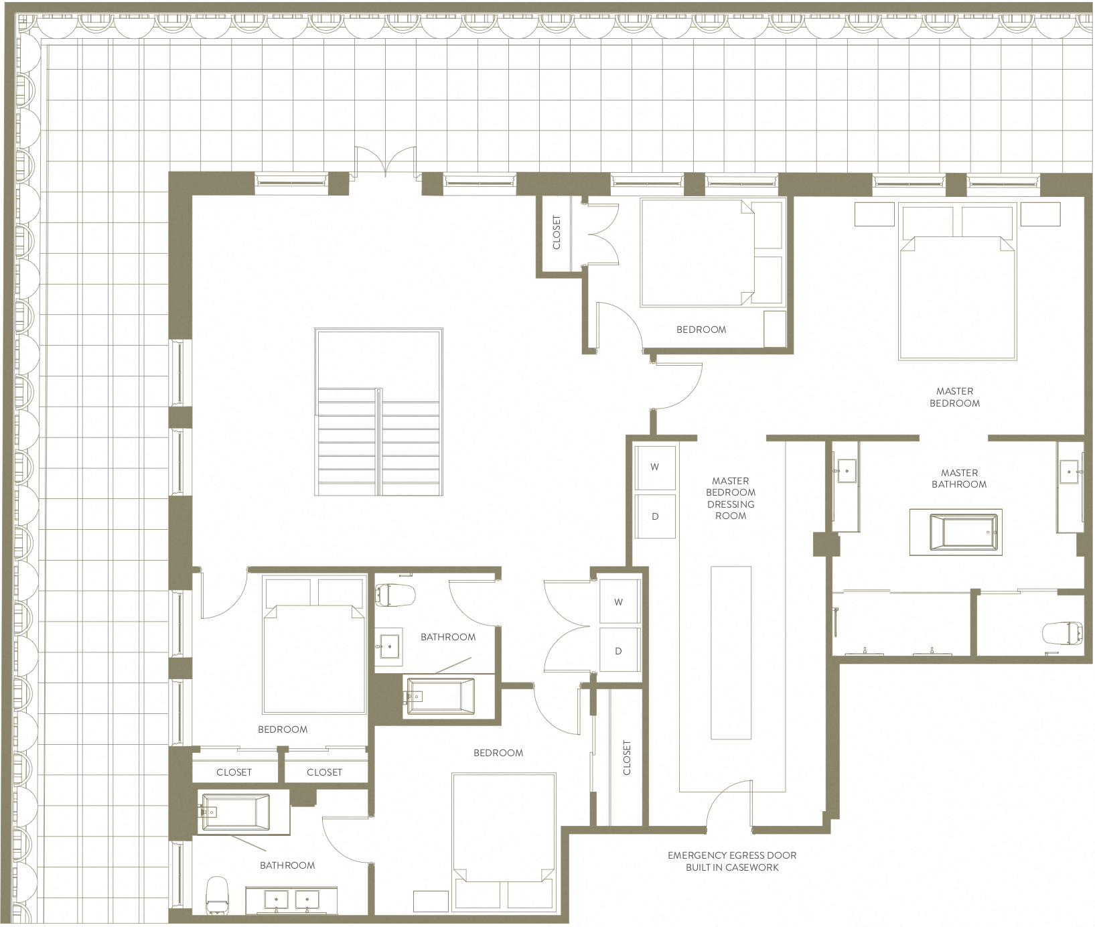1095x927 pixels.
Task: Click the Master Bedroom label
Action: coord(954,397)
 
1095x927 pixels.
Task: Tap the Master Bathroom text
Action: coord(958,478)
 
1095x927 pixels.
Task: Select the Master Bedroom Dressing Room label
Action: coord(730,498)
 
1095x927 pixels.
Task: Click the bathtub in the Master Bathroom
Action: coord(956,532)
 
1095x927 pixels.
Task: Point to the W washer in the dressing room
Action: coord(655,467)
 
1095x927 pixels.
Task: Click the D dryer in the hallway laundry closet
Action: coord(618,651)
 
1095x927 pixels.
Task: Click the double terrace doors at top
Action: coord(385,161)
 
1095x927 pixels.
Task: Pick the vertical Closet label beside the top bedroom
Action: coord(557,232)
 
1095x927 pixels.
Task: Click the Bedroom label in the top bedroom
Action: coord(701,330)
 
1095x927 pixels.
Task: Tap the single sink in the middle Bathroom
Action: coord(388,647)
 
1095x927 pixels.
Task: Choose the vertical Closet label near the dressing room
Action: coord(627,758)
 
